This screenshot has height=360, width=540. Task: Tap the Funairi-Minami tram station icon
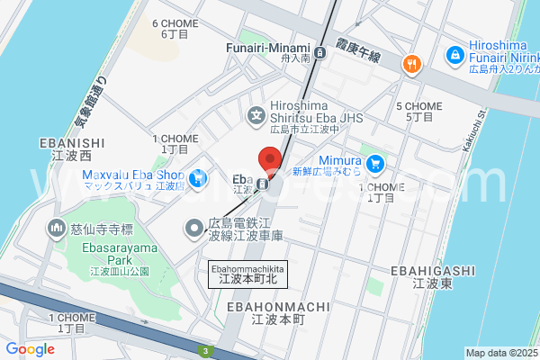319,51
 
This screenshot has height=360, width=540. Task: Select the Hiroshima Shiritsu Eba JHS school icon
257,114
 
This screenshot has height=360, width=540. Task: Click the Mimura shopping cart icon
376,163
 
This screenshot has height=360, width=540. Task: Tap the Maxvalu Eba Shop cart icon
195,177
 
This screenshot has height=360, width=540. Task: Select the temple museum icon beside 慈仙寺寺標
57,229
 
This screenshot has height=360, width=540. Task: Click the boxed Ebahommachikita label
247,274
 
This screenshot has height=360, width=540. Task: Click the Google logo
30,349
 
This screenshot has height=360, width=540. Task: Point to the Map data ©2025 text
500,353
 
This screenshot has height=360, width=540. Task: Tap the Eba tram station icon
261,184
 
